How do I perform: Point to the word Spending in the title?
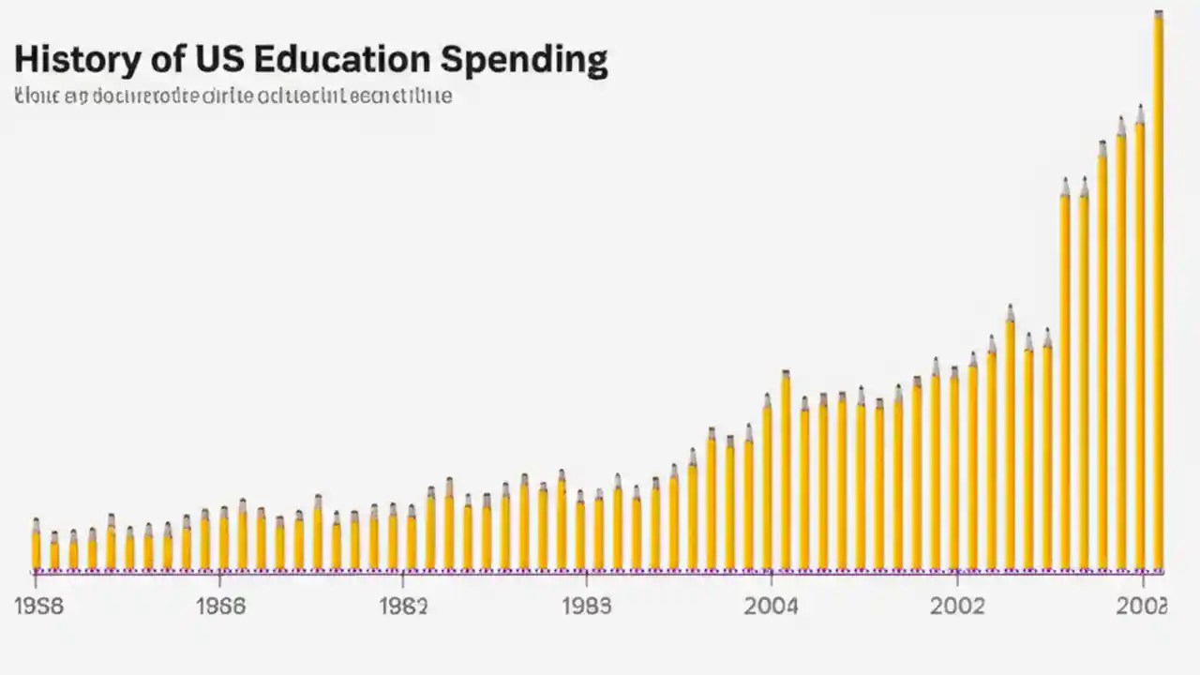524,61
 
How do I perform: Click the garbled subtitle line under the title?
233,96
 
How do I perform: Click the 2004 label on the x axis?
771,607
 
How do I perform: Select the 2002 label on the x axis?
957,607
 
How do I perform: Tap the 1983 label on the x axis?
586,607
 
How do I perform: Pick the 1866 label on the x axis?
220,607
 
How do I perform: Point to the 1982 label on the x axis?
403,607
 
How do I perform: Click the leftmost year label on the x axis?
39,607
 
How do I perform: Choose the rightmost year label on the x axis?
1141,607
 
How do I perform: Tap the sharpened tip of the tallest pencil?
1159,13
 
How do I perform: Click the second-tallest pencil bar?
1140,347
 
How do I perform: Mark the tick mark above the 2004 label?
771,576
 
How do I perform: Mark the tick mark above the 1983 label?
586,576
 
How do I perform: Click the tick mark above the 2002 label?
957,576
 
